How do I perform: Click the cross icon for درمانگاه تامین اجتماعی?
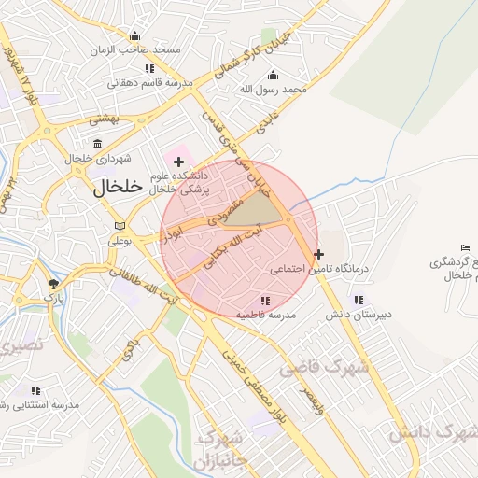click(x=319, y=253)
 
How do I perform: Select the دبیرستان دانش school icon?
click(x=358, y=300)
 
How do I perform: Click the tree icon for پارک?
click(x=53, y=283)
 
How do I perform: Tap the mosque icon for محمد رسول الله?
click(x=273, y=75)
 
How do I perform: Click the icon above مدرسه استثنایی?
click(x=36, y=390)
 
